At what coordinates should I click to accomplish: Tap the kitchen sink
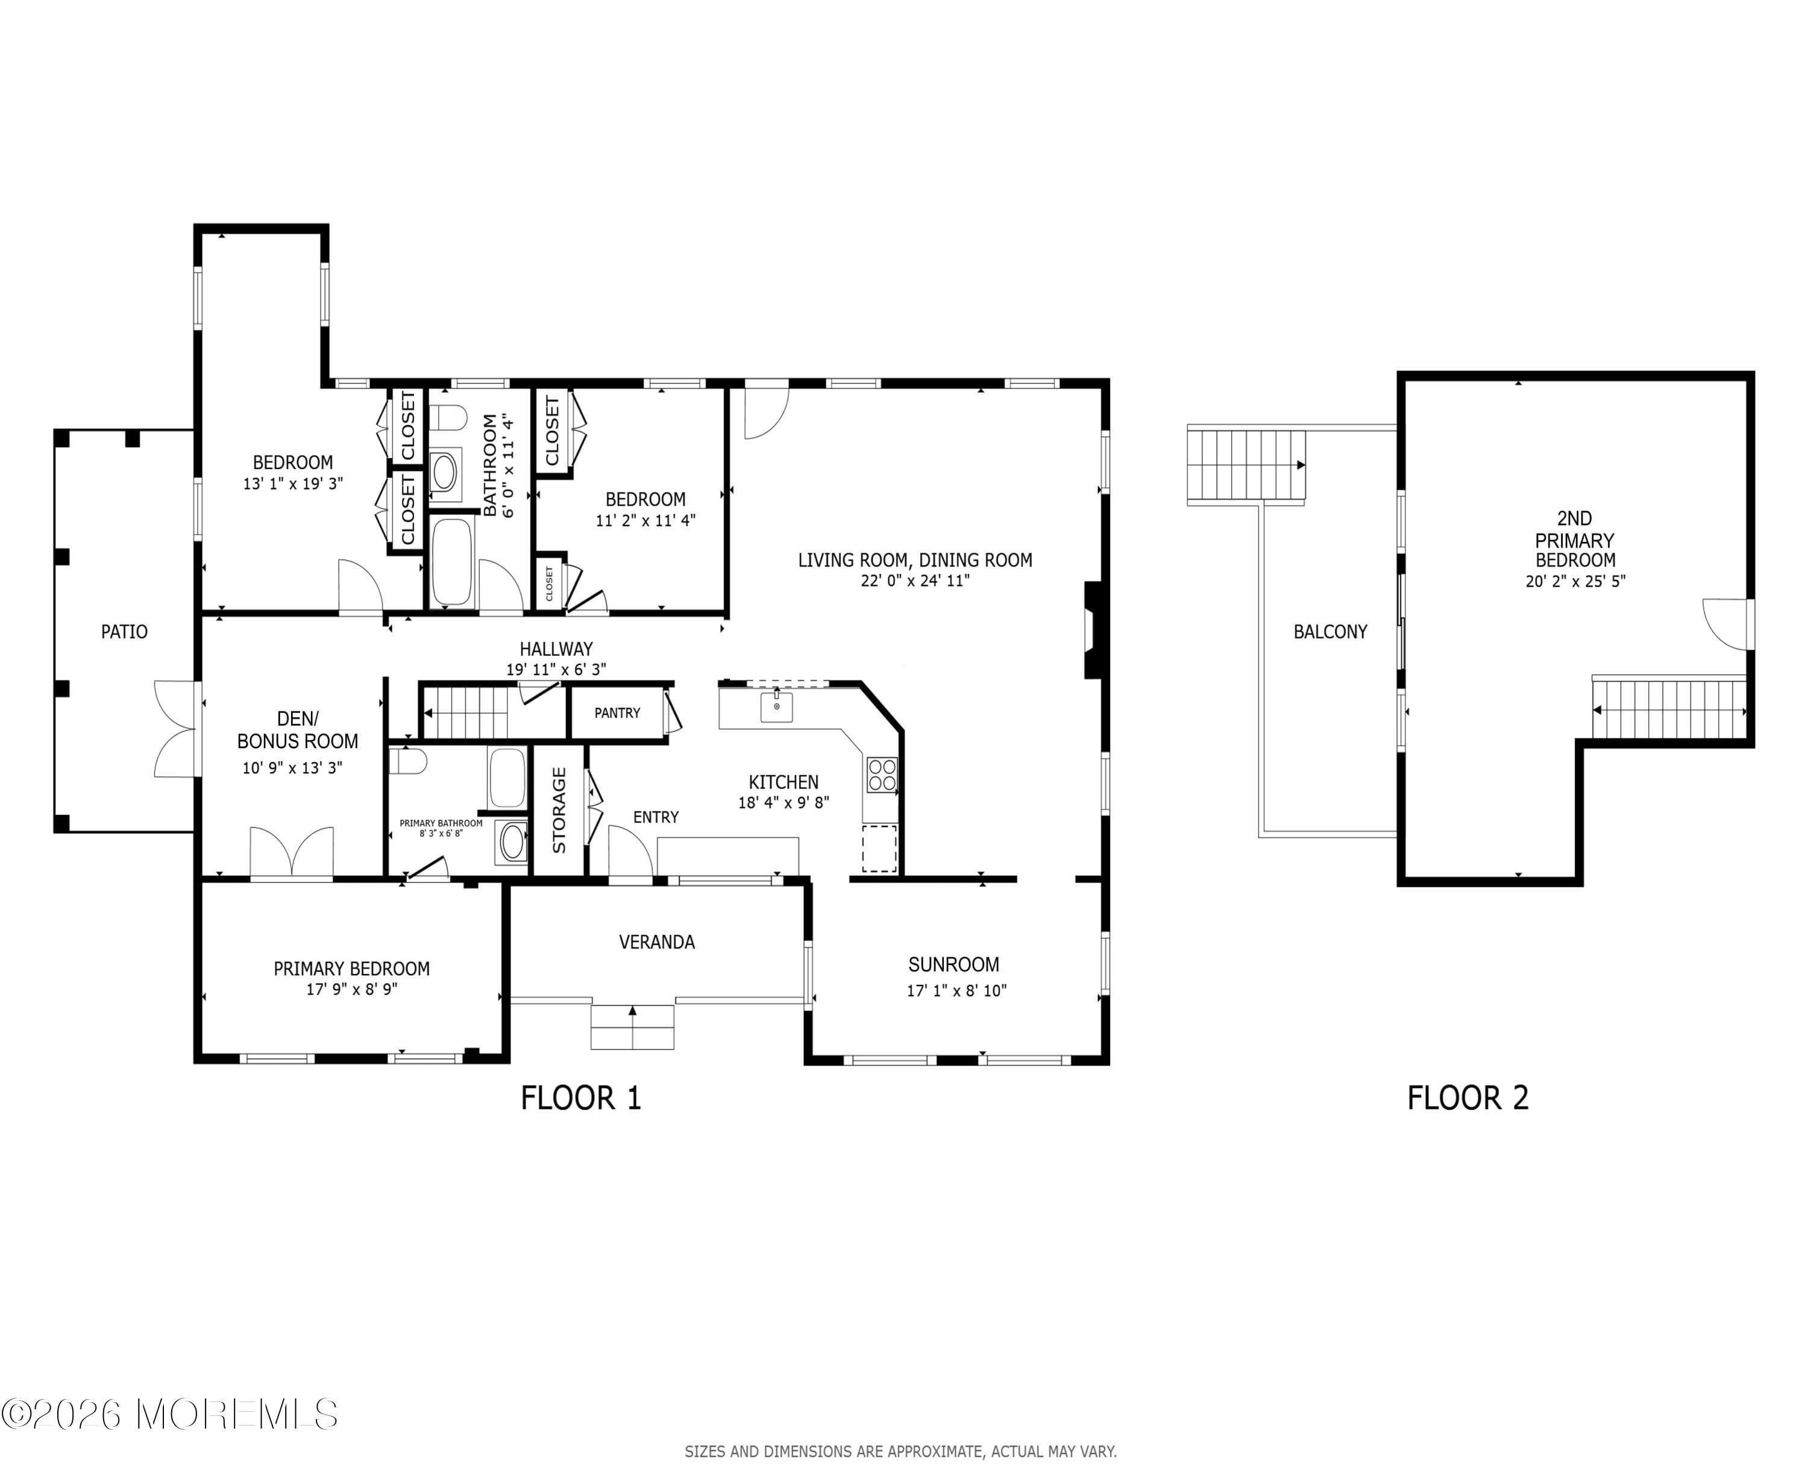[776, 707]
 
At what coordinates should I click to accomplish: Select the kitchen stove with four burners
[882, 775]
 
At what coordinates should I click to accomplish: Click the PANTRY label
[617, 713]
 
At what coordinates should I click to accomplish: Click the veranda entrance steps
[632, 1027]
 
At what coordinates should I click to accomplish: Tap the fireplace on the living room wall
[1093, 630]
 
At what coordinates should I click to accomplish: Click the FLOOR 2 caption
[1467, 1098]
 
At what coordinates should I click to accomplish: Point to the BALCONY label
[1329, 632]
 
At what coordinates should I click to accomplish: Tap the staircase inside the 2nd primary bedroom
[1668, 710]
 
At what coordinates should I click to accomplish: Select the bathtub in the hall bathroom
[451, 561]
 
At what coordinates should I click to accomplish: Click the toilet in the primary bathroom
[407, 760]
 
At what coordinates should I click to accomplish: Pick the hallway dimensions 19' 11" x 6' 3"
[556, 670]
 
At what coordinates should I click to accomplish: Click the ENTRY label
[656, 817]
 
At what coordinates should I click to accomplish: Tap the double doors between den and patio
[176, 729]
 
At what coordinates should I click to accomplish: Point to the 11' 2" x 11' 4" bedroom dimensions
[645, 520]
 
